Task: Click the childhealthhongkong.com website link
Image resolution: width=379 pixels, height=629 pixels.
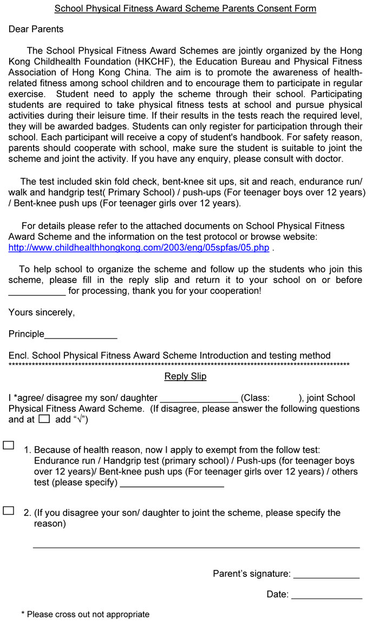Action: coord(139,247)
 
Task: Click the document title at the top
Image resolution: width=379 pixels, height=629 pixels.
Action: coord(185,9)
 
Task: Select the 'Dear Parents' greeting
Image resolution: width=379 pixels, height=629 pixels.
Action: coord(36,29)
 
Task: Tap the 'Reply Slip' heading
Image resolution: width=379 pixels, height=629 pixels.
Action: coord(185,376)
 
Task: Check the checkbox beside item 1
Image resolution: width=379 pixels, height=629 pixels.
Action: coord(9,445)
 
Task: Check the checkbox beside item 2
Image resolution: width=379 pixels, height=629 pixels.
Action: coord(9,511)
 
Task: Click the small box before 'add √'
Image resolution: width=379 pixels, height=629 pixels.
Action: coord(44,419)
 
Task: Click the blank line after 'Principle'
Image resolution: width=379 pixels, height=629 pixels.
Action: coord(81,335)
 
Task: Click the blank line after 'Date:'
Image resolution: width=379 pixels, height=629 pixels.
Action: coord(326,595)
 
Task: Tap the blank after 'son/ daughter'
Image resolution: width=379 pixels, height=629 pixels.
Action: coord(199,399)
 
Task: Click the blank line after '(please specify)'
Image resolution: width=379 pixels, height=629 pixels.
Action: coord(172,483)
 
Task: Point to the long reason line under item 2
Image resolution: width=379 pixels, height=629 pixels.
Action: coord(197,547)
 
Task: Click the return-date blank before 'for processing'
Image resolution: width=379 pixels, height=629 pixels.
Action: coord(37,291)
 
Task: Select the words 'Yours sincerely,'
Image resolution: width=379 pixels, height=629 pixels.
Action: coord(42,312)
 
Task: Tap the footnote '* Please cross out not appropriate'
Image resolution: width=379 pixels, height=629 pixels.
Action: coord(85,614)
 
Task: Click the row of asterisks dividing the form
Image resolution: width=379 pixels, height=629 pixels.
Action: coord(179,365)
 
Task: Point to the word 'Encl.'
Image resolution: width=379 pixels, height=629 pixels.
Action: coord(19,356)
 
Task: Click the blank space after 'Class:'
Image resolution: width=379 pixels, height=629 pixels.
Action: coord(284,398)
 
